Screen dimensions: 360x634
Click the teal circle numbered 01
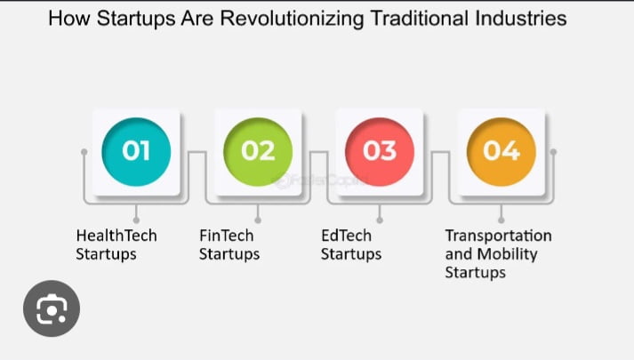pyautogui.click(x=136, y=151)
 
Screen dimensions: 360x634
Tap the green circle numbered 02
pyautogui.click(x=258, y=151)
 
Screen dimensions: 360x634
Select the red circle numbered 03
pyautogui.click(x=380, y=151)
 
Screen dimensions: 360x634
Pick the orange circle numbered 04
pyautogui.click(x=501, y=151)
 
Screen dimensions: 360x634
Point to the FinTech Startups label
pyautogui.click(x=229, y=244)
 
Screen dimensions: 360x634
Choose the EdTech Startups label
pyautogui.click(x=350, y=244)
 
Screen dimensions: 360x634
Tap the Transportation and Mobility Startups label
pyautogui.click(x=498, y=253)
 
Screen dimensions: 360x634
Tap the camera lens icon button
pyautogui.click(x=52, y=308)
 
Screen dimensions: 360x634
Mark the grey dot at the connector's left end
pyautogui.click(x=84, y=152)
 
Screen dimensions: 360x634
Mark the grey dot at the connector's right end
pyautogui.click(x=553, y=152)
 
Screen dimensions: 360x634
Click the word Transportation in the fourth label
pyautogui.click(x=498, y=236)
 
